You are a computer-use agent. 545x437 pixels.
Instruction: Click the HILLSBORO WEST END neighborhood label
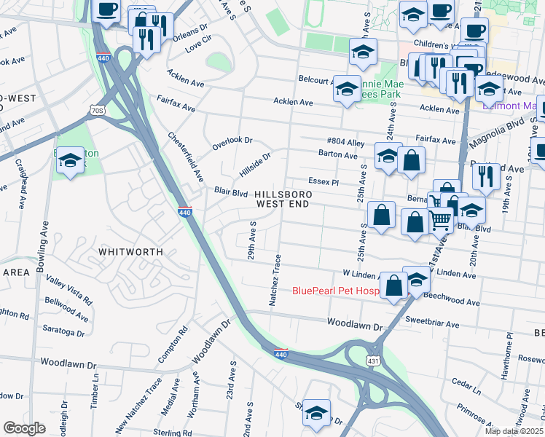(283, 200)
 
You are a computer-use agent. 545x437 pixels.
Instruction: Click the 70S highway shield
(98, 111)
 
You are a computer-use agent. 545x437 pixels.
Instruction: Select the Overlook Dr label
(232, 140)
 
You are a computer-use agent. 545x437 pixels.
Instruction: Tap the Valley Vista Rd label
(69, 289)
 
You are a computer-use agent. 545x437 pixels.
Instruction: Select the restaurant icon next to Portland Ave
(485, 176)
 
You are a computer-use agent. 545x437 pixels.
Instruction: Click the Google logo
(24, 428)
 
